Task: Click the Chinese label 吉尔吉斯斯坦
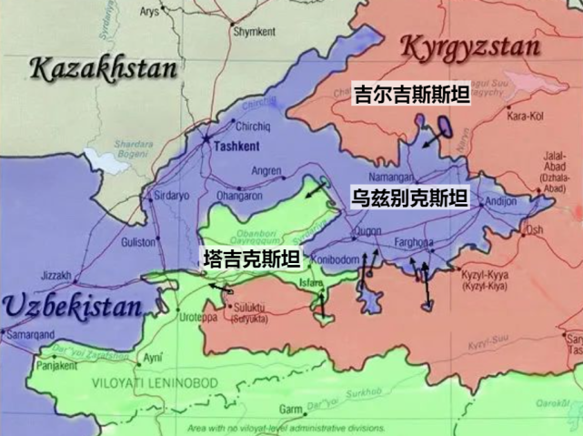[410, 93]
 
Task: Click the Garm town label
[291, 408]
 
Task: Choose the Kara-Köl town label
[527, 117]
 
